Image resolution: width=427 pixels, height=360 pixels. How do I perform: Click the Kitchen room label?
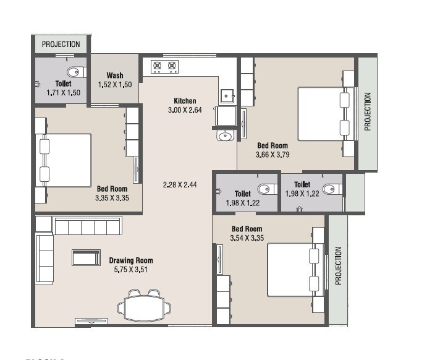click(x=185, y=101)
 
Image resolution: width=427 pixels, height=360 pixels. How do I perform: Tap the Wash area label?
click(x=115, y=75)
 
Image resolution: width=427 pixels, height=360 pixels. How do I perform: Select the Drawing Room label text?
click(x=131, y=260)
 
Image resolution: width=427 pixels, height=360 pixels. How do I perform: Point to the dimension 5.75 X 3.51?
click(x=131, y=270)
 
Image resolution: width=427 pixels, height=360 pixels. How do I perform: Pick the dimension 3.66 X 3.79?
click(x=273, y=155)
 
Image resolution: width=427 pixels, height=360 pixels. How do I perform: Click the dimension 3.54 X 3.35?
click(x=247, y=238)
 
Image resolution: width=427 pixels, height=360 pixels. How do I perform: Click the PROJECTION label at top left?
click(x=61, y=44)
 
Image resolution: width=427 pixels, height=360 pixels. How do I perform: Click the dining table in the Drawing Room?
click(x=145, y=306)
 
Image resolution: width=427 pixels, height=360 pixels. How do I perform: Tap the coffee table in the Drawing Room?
click(x=85, y=257)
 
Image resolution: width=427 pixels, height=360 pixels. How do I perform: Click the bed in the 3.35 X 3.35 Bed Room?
click(x=65, y=159)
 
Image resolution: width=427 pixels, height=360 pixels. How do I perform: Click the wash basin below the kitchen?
click(x=225, y=135)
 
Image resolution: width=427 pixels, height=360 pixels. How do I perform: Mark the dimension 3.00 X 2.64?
click(x=185, y=110)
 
